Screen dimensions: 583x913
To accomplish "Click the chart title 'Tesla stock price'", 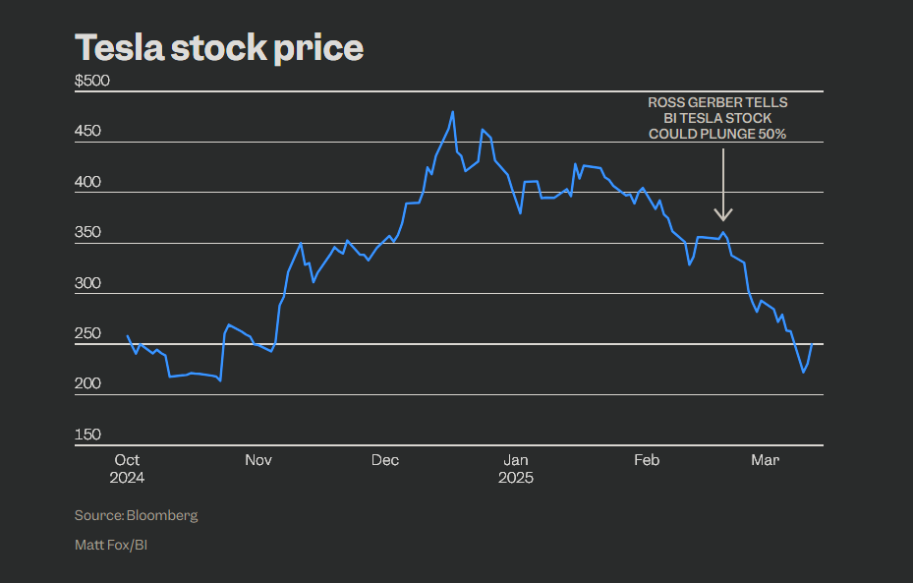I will point(219,47).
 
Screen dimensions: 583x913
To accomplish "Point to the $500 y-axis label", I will point(92,81).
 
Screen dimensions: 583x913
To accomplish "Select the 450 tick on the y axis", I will point(87,131).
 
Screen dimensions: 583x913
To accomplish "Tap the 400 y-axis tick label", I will point(87,182).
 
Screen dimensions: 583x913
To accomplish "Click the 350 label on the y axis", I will point(87,232).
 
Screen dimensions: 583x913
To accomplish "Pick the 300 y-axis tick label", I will point(87,283).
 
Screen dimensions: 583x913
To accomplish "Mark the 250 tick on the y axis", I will point(87,333).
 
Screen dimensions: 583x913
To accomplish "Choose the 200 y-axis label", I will point(87,383).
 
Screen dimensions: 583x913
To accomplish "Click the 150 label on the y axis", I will point(87,435).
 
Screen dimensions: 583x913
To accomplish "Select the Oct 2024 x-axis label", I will point(128,468).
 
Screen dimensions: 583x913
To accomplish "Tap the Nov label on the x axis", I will point(258,459).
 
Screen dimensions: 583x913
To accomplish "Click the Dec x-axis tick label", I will point(385,459).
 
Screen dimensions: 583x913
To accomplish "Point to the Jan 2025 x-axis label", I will point(515,468).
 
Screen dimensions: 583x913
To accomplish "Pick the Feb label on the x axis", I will point(647,459).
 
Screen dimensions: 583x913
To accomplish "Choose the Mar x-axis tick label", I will point(765,459).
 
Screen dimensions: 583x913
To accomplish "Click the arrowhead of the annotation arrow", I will point(723,215).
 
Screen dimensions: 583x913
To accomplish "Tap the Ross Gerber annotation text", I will point(717,118).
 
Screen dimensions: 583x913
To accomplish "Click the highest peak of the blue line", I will point(452,112).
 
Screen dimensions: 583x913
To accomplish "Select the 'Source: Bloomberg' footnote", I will point(136,515).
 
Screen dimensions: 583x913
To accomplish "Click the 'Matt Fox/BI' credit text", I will point(111,544).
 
